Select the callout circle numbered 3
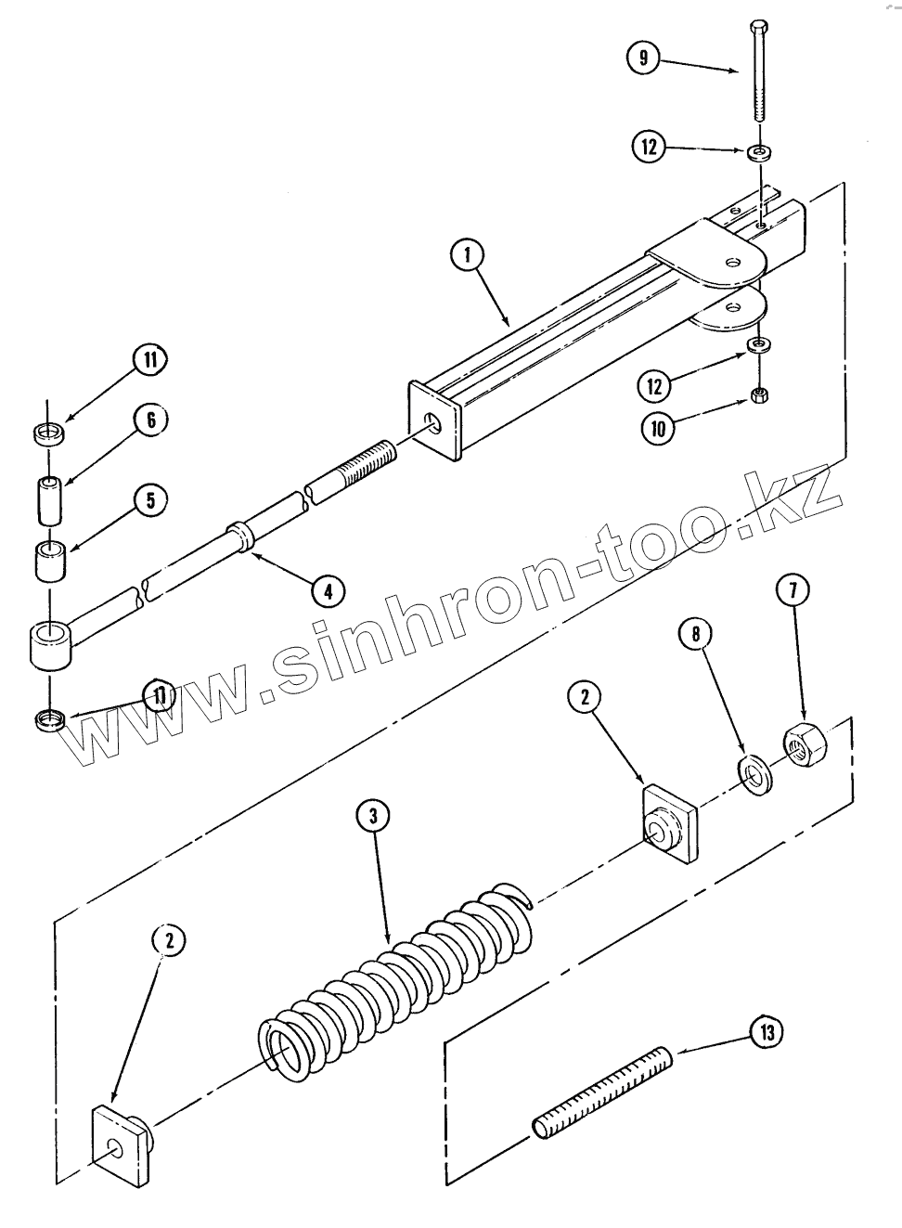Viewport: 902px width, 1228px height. pyautogui.click(x=372, y=816)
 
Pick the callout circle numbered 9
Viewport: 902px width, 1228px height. pyautogui.click(x=642, y=58)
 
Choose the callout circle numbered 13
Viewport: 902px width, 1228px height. pyautogui.click(x=767, y=1031)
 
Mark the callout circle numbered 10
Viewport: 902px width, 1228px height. pyautogui.click(x=658, y=428)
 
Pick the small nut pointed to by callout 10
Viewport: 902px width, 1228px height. pyautogui.click(x=758, y=396)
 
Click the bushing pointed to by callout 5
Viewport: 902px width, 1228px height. pyautogui.click(x=51, y=562)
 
